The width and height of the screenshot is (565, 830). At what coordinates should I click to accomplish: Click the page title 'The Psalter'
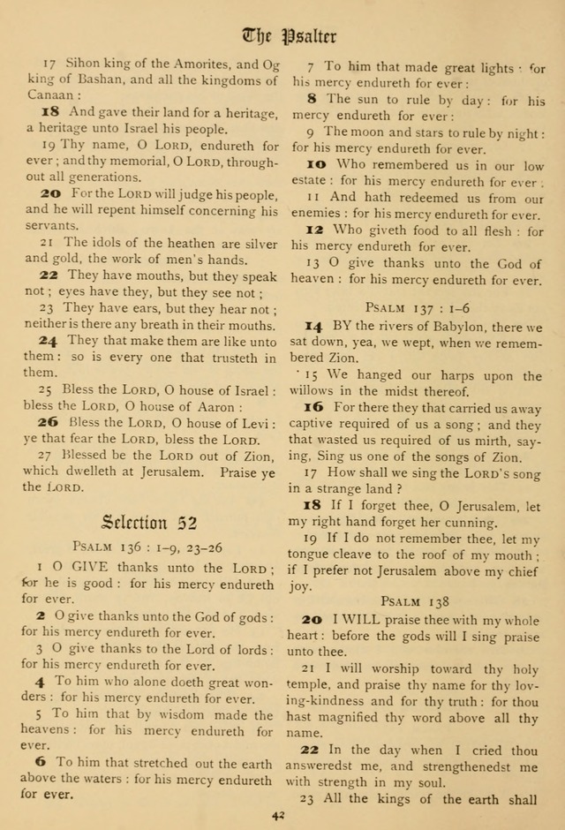[289, 36]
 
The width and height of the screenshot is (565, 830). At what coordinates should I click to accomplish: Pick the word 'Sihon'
[82, 64]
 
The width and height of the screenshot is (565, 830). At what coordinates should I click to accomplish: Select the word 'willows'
[322, 391]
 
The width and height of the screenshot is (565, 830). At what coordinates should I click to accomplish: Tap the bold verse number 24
[50, 341]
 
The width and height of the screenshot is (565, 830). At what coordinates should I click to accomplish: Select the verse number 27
[47, 455]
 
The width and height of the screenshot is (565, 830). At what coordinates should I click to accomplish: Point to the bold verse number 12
[316, 230]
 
